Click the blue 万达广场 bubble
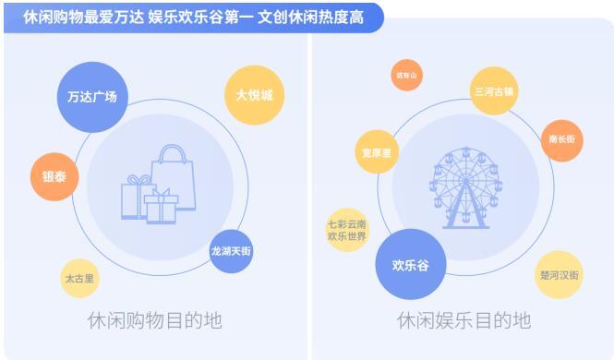click(92, 96)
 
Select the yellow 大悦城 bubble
click(254, 94)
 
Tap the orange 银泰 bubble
click(54, 175)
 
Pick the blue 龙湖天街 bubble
click(231, 251)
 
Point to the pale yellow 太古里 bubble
click(80, 278)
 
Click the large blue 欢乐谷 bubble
click(410, 266)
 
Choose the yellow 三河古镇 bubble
click(494, 91)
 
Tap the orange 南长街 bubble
click(561, 139)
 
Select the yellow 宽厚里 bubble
click(377, 151)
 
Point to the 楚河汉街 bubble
click(560, 275)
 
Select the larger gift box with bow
click(138, 196)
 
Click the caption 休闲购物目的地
click(154, 321)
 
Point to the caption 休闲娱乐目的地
click(464, 321)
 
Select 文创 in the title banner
click(274, 18)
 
